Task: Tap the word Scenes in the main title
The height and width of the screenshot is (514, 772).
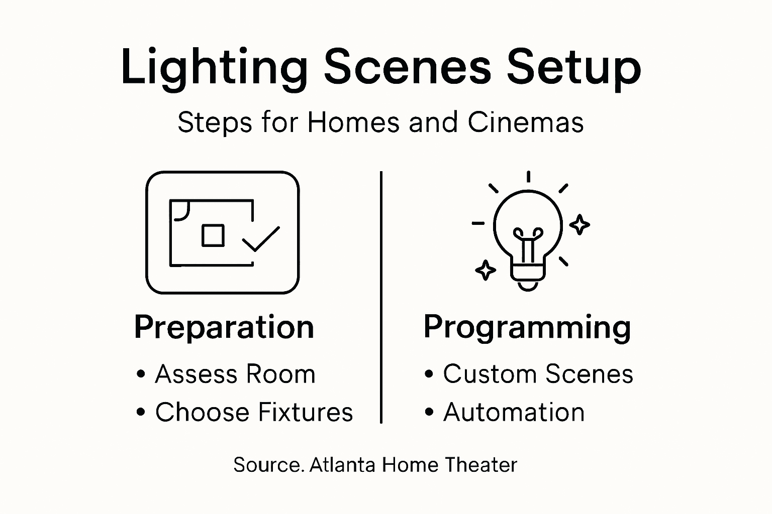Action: pos(407,67)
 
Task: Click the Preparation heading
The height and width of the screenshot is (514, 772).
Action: pos(224,327)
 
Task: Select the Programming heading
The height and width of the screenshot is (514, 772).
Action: pos(527,327)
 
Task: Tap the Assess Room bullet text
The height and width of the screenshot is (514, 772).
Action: pos(235,374)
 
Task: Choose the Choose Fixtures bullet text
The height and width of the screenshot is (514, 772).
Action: pos(254,413)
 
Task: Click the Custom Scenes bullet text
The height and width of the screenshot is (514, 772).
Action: pos(538,374)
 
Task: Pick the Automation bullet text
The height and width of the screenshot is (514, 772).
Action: pos(514,413)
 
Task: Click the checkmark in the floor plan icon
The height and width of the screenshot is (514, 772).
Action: pos(261,239)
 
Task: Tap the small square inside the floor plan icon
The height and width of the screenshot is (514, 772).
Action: pos(213,235)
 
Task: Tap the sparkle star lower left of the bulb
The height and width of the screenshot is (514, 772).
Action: pos(486,270)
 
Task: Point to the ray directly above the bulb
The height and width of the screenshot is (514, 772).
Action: pos(528,177)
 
